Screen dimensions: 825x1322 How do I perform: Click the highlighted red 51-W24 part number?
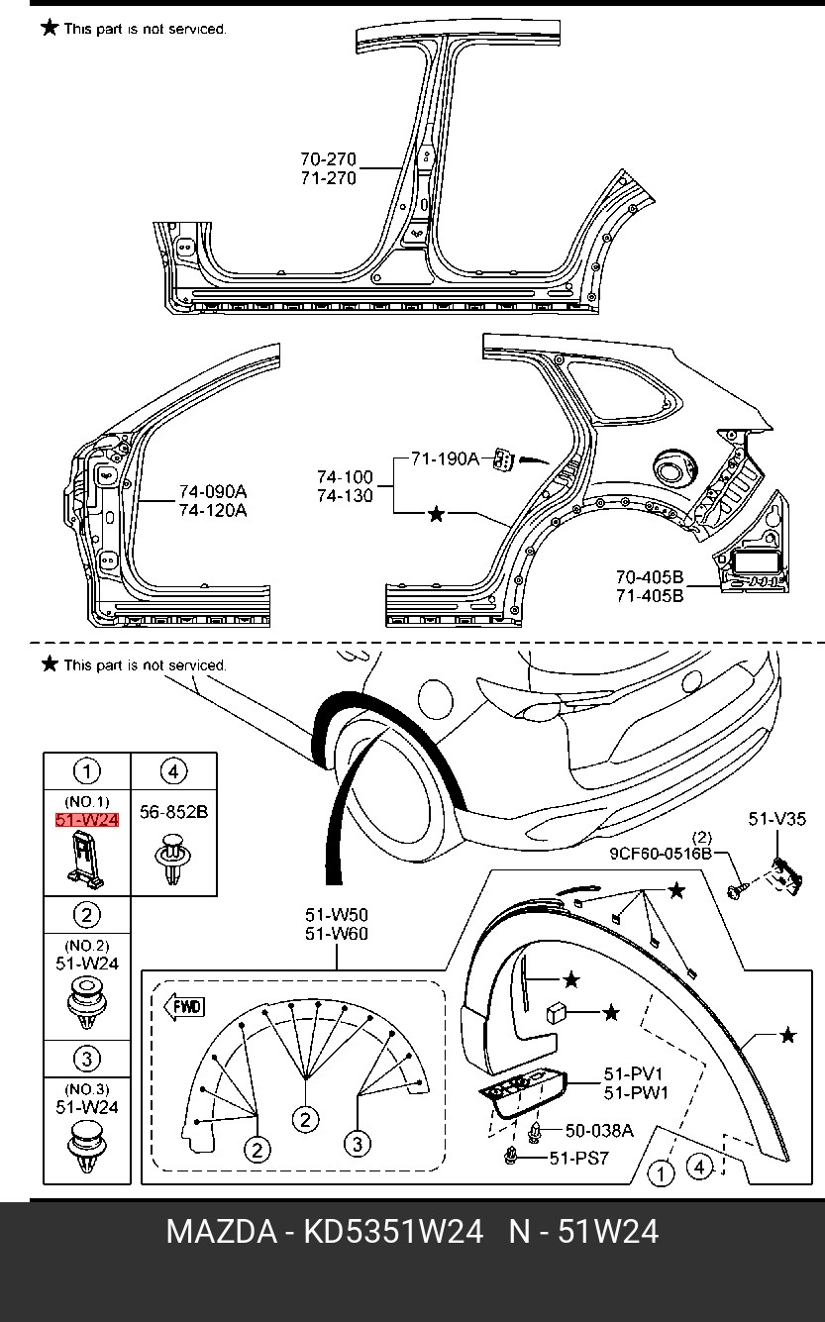point(87,820)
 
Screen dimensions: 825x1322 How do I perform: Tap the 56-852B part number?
point(173,812)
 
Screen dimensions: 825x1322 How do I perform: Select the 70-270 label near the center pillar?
point(328,159)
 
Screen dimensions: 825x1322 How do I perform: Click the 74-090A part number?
point(213,491)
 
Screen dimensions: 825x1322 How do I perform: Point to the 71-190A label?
point(445,458)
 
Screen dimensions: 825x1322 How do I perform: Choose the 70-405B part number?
point(650,576)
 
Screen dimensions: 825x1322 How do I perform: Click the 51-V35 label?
point(777,819)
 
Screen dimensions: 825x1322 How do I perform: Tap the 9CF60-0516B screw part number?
point(661,854)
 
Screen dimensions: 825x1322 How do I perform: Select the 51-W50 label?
point(337,915)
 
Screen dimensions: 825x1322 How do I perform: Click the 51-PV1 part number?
point(633,1073)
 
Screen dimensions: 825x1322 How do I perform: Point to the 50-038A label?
point(599,1130)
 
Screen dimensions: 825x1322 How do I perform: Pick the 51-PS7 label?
point(579,1158)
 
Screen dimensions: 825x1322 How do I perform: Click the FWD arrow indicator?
point(184,1006)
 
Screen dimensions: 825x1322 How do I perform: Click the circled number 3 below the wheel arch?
point(358,1144)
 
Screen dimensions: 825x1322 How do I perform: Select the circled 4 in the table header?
point(173,771)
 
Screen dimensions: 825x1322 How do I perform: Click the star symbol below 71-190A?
point(436,514)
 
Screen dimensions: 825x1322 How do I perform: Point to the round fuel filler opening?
point(672,470)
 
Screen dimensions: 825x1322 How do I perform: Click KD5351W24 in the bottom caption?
point(393,1231)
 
